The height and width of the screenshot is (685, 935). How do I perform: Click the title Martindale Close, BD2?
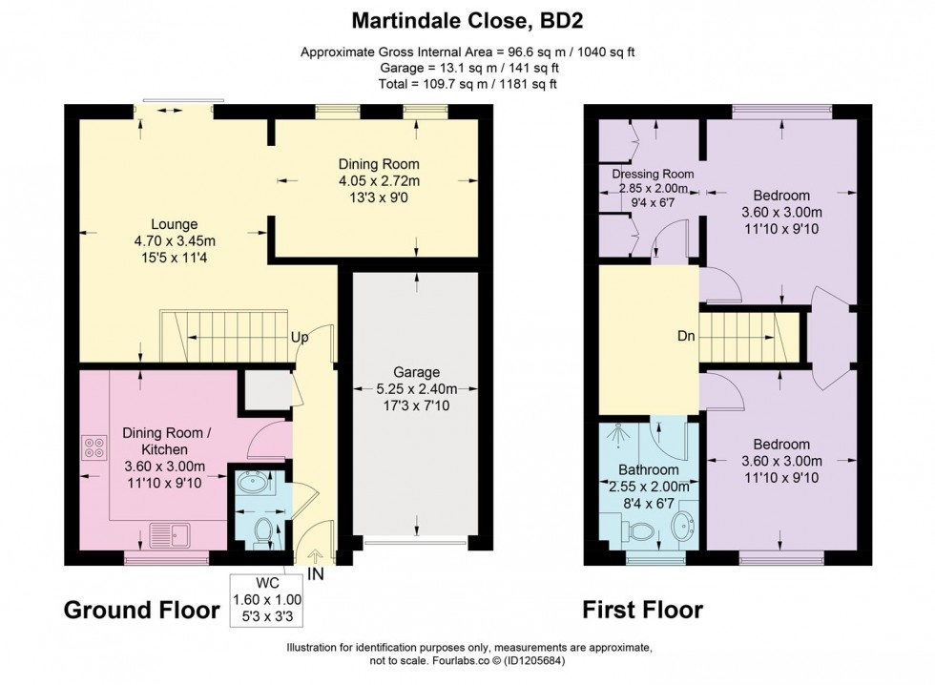coord(467,19)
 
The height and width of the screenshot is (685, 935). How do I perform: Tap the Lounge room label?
coord(174,224)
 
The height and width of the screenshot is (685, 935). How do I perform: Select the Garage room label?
coord(416,372)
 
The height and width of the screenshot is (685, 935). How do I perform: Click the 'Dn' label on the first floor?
coord(684,336)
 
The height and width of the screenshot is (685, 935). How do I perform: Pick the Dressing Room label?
coord(653,175)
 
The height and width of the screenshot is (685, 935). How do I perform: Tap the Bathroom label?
coord(648,470)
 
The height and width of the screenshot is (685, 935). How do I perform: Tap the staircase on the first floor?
coord(749,336)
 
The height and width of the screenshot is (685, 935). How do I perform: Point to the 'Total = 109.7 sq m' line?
coord(467,84)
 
